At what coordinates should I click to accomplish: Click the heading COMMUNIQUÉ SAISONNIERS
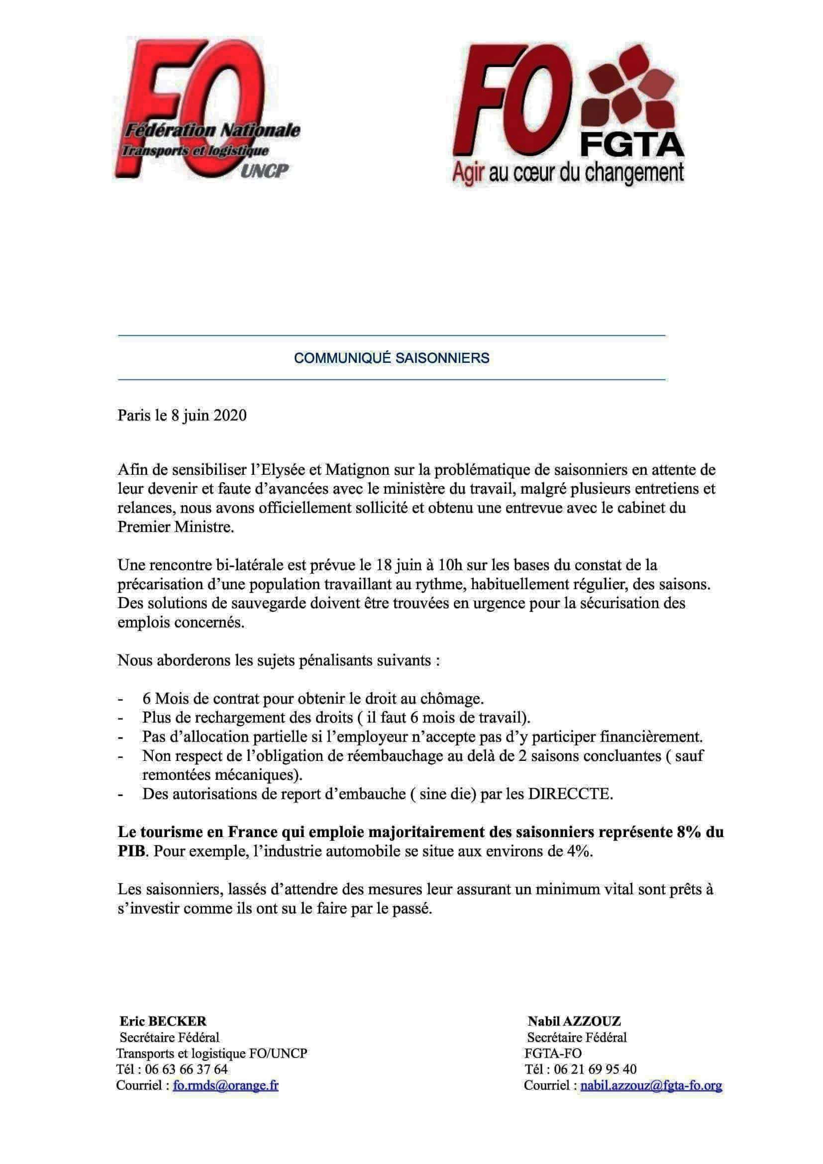pyautogui.click(x=391, y=358)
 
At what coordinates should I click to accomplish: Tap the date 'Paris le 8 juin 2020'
pyautogui.click(x=182, y=415)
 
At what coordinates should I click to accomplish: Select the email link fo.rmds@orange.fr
pyautogui.click(x=225, y=1085)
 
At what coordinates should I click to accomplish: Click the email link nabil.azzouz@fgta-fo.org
pyautogui.click(x=651, y=1085)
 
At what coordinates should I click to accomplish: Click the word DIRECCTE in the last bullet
pyautogui.click(x=570, y=794)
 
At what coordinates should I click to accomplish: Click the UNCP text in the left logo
pyautogui.click(x=263, y=171)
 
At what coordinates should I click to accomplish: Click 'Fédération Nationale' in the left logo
pyautogui.click(x=212, y=131)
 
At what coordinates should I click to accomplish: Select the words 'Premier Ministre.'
pyautogui.click(x=176, y=527)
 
